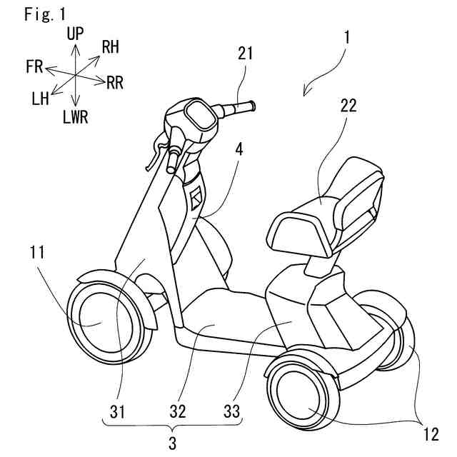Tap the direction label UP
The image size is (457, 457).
coord(75,33)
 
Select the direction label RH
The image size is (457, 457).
coord(111,48)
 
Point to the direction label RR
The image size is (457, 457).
coord(114,83)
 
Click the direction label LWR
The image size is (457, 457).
coord(75,117)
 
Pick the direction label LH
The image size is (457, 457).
coord(40,99)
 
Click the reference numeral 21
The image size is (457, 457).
coord(246,53)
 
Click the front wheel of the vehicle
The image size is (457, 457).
coord(100,321)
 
